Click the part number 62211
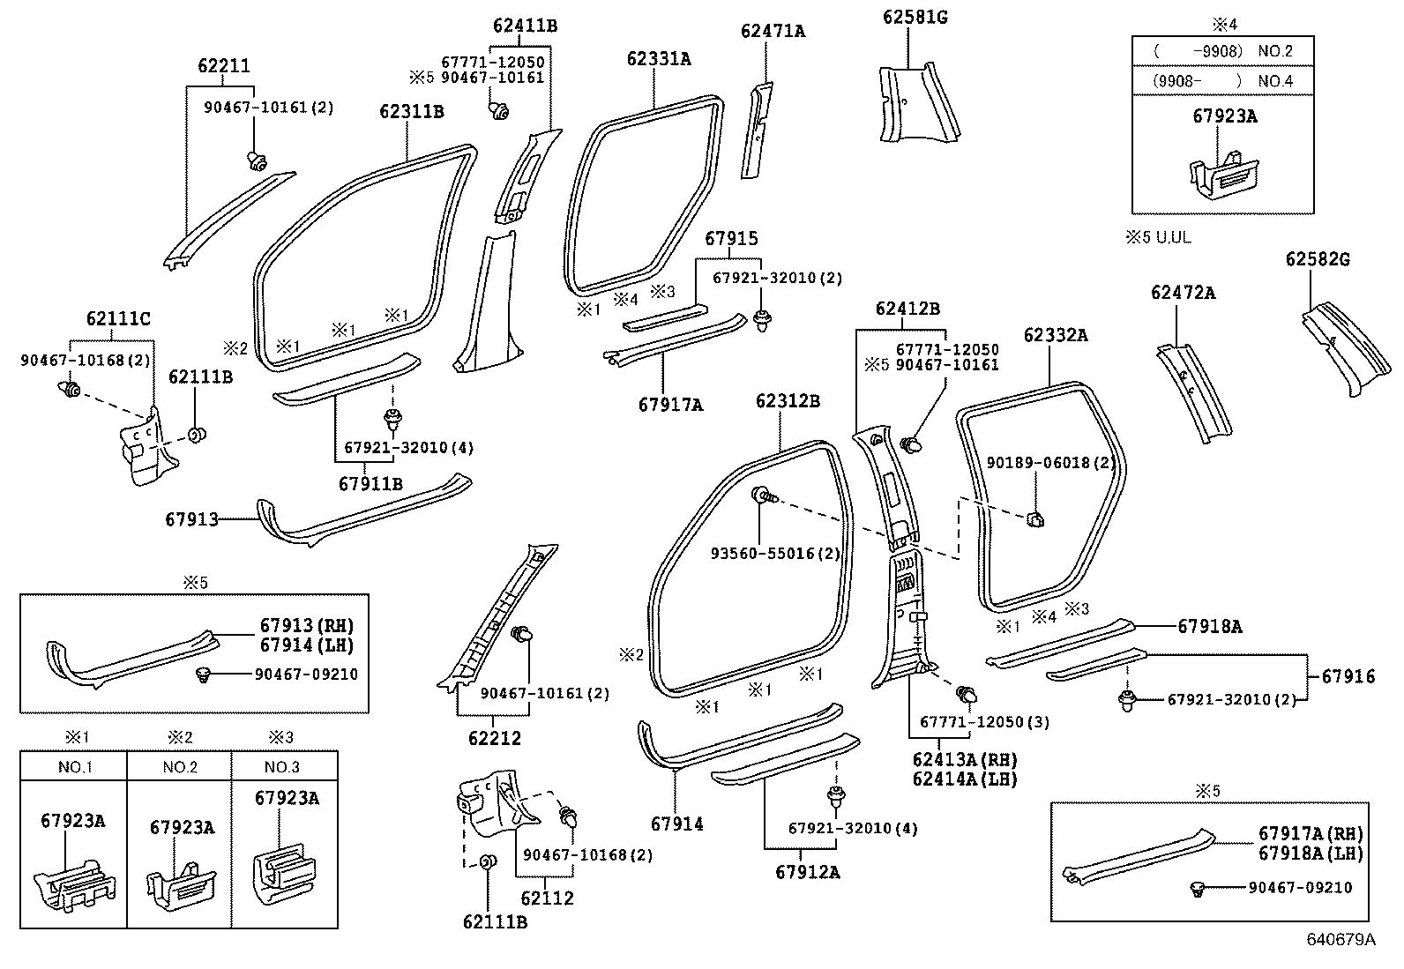[223, 66]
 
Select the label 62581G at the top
[915, 17]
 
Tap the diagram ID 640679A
[1340, 940]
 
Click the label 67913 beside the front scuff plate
[190, 520]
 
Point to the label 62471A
[773, 32]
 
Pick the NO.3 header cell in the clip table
[284, 767]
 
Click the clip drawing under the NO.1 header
[76, 881]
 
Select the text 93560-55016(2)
[774, 554]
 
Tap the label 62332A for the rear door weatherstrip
[1055, 336]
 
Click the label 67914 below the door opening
[676, 824]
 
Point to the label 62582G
[1317, 260]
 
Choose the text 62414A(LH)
[964, 779]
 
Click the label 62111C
[118, 319]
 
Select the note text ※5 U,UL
[1157, 239]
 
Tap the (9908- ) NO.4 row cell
[1222, 81]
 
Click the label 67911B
[370, 484]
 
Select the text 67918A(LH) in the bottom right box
[1310, 853]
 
